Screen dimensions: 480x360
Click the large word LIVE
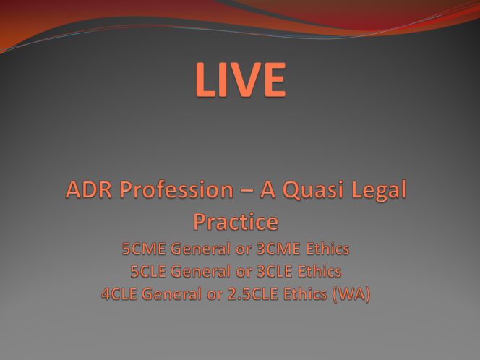pos(241,80)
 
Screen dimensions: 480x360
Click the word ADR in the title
pos(89,189)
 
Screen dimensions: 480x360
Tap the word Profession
pos(176,189)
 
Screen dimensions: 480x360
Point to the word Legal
pos(379,190)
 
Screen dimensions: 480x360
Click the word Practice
pos(236,222)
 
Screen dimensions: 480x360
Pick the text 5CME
pos(144,249)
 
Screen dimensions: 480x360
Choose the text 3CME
pos(278,249)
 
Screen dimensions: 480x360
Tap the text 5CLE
pos(148,271)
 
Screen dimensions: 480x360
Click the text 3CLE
pos(274,271)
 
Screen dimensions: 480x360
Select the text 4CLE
pos(119,294)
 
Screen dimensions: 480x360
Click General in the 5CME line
pos(200,249)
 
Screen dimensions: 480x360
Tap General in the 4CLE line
pos(171,294)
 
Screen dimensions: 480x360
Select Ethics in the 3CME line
pos(327,249)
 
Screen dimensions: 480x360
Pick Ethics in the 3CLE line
pos(320,271)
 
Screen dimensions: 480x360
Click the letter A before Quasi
pos(268,189)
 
